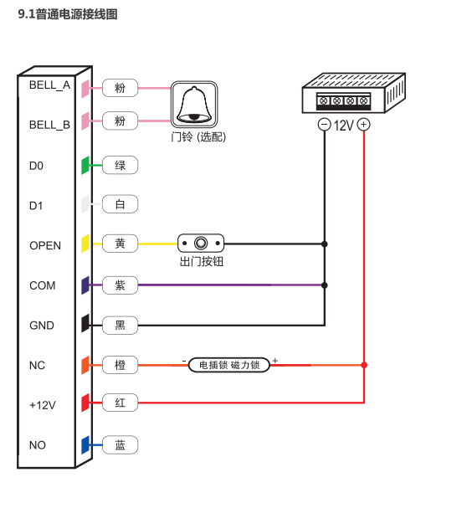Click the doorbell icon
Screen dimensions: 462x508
click(194, 105)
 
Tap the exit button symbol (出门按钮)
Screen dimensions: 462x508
click(201, 243)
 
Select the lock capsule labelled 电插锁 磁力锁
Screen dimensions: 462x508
click(229, 365)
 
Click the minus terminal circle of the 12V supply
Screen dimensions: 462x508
click(324, 125)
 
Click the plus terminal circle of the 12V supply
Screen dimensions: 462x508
click(363, 125)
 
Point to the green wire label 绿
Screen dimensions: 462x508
click(121, 165)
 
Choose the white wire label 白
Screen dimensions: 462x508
click(121, 204)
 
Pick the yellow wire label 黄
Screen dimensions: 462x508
click(121, 244)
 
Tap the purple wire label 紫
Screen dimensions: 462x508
click(121, 285)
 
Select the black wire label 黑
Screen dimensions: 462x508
click(121, 325)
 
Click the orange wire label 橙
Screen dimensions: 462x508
click(121, 365)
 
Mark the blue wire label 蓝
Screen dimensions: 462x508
click(121, 445)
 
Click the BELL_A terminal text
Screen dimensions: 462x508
click(49, 85)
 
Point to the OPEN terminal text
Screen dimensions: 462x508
click(45, 245)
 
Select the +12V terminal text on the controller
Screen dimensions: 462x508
click(43, 405)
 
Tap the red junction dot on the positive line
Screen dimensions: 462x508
click(364, 365)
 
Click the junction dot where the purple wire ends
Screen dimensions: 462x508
click(324, 285)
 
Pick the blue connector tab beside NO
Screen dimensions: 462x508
click(85, 445)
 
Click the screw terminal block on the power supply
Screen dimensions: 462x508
click(343, 101)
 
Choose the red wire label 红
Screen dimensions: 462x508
click(121, 403)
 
